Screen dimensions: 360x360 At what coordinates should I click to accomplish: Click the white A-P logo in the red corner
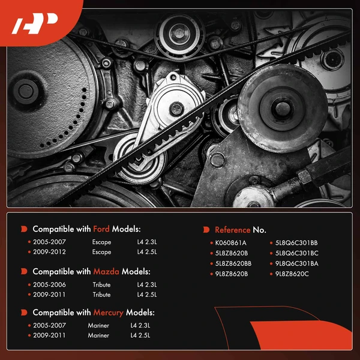click(x=35, y=23)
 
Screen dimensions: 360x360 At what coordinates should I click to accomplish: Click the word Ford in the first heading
click(x=101, y=229)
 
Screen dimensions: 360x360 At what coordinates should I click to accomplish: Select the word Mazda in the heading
click(x=106, y=272)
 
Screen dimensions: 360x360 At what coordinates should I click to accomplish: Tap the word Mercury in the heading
click(x=108, y=313)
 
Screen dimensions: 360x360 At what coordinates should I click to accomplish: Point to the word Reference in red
click(x=233, y=230)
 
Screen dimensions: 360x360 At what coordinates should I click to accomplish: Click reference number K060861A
click(x=231, y=242)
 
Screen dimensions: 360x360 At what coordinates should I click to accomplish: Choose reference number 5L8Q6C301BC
click(x=297, y=253)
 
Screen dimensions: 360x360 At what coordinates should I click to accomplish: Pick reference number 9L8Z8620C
click(x=292, y=274)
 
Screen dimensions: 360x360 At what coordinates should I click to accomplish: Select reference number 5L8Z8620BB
click(x=233, y=263)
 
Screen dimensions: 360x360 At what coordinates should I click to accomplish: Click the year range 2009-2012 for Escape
click(x=49, y=252)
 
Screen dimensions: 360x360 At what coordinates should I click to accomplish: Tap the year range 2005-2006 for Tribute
click(x=49, y=284)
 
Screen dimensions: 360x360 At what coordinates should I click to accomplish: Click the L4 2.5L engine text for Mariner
click(x=140, y=335)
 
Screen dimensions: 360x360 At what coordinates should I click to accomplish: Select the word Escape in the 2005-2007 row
click(x=102, y=242)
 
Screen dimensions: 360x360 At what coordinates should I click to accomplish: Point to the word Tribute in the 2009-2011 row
click(x=102, y=295)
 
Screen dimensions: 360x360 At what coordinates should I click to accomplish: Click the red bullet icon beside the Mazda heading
click(x=24, y=271)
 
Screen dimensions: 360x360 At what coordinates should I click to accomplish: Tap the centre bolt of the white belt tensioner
click(x=176, y=109)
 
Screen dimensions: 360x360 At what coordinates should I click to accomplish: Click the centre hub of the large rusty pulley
click(x=283, y=109)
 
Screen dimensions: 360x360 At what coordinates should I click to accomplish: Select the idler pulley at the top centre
click(x=179, y=35)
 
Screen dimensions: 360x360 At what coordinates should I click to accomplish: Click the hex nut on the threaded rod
click(x=305, y=177)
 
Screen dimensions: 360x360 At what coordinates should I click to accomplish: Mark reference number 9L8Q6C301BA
click(x=297, y=263)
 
